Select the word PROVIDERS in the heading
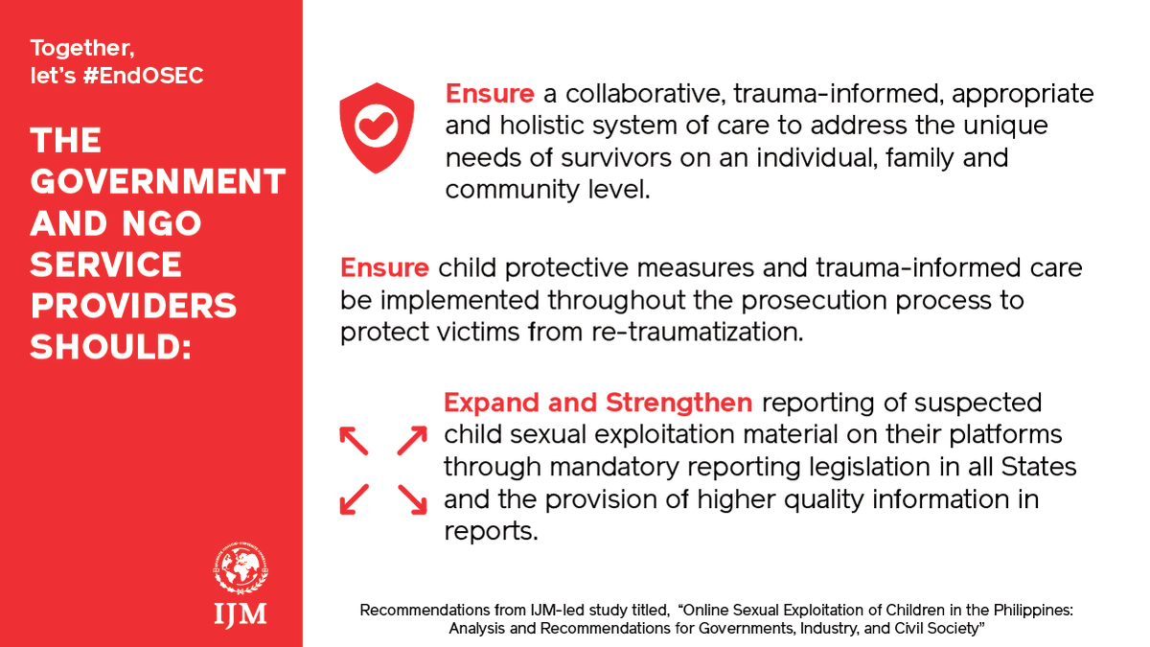pos(133,306)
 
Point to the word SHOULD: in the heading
pos(111,347)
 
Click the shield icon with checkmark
pos(378,127)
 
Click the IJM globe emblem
pos(241,570)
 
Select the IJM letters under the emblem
pos(241,612)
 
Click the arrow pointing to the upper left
pos(354,441)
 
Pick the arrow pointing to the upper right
pos(412,441)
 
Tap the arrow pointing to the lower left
pos(354,498)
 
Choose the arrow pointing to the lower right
pos(412,498)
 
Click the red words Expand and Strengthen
pos(599,403)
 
